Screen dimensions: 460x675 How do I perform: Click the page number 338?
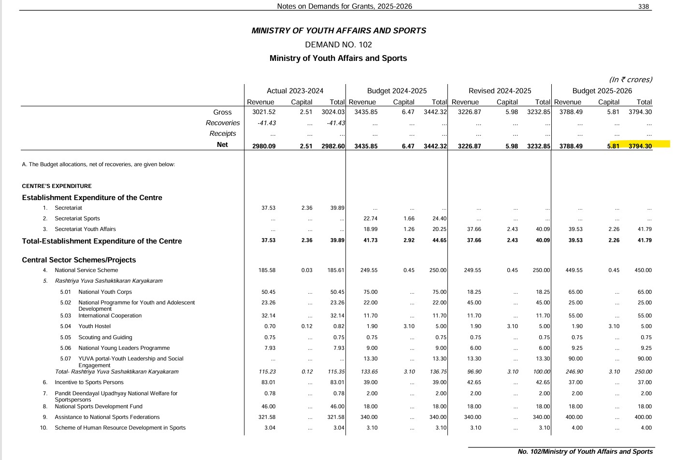pos(643,6)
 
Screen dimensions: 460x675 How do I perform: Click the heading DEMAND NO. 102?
pos(338,44)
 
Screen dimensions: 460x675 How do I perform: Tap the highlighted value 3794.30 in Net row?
pos(640,146)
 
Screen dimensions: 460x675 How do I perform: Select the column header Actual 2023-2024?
pos(295,91)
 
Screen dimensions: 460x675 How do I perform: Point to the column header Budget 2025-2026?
pos(602,91)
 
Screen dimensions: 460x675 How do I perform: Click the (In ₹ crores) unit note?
pos(630,80)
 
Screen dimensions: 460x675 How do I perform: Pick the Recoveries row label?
pos(223,123)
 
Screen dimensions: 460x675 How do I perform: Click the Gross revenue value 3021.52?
pos(264,112)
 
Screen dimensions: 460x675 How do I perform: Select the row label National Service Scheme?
pos(86,270)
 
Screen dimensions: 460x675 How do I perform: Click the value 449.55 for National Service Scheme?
pos(574,270)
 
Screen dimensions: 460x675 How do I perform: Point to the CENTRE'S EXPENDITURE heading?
pos(57,186)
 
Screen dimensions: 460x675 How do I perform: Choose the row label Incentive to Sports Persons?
pos(89,382)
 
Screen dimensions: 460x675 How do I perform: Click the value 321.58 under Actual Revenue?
pos(267,417)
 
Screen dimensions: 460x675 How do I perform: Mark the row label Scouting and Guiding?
pos(105,337)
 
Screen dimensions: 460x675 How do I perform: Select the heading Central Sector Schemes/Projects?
pos(79,260)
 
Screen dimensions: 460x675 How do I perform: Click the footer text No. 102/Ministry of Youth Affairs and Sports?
pos(585,451)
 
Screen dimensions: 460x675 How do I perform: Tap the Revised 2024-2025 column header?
pos(500,91)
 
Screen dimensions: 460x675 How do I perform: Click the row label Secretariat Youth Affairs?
pos(85,229)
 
